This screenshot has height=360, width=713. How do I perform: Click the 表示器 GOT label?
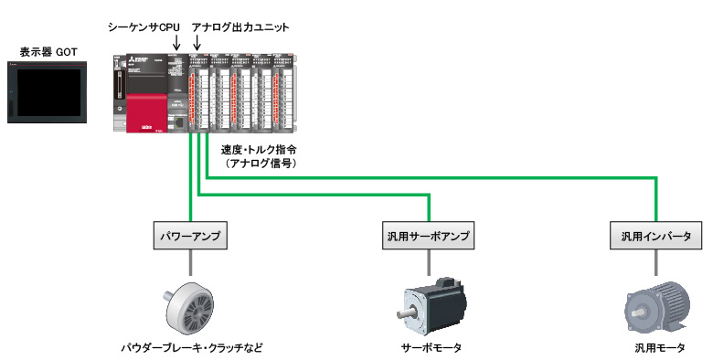[48, 53]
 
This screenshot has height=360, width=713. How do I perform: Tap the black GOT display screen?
[48, 94]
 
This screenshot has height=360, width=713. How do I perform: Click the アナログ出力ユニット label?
[240, 27]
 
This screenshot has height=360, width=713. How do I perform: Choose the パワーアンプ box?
[190, 237]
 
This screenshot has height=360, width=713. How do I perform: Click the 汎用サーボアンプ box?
[428, 237]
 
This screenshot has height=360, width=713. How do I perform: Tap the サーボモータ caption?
[431, 348]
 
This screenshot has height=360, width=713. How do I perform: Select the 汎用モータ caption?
[657, 348]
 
